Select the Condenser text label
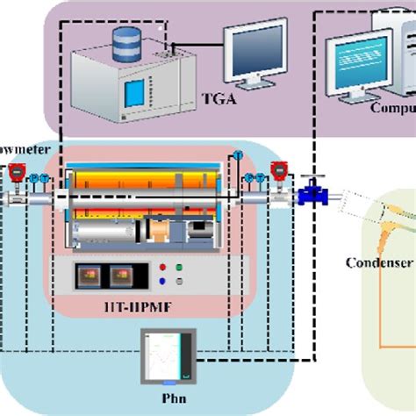click(x=379, y=262)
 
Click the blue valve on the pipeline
click(x=309, y=194)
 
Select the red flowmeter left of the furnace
click(x=16, y=176)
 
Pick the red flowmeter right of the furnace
click(x=280, y=173)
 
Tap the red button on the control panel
click(x=162, y=268)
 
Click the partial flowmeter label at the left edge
click(x=18, y=151)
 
